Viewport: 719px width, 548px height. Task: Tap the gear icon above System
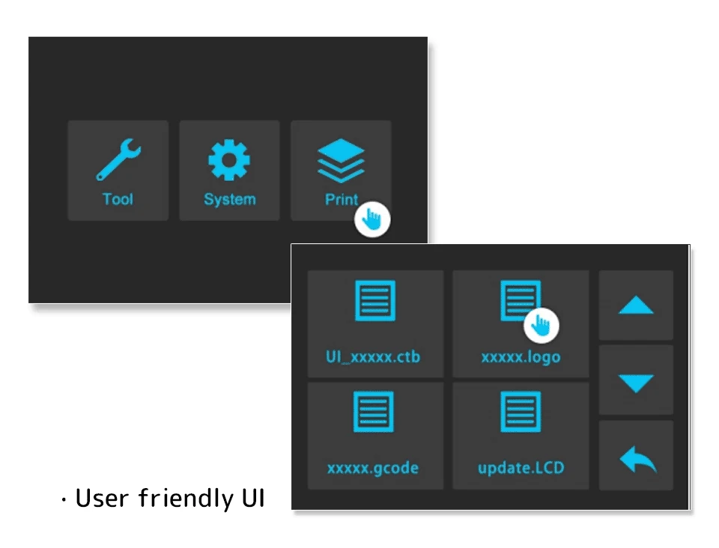click(229, 160)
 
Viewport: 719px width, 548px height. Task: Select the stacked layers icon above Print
click(341, 161)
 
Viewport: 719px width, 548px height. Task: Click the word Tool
click(118, 199)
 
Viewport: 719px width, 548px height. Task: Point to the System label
click(229, 200)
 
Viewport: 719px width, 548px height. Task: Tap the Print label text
click(341, 200)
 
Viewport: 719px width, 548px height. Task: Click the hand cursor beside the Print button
click(372, 219)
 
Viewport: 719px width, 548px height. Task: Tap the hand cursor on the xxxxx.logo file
click(541, 324)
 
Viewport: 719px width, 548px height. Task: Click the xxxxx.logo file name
click(521, 357)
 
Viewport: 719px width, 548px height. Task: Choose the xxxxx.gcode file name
click(373, 469)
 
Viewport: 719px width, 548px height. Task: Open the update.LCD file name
click(521, 469)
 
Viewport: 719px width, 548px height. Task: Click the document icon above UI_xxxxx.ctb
click(374, 301)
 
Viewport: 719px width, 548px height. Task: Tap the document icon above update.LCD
click(521, 412)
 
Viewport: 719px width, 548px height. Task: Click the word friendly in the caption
click(186, 499)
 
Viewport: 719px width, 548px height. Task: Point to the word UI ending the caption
click(252, 499)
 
